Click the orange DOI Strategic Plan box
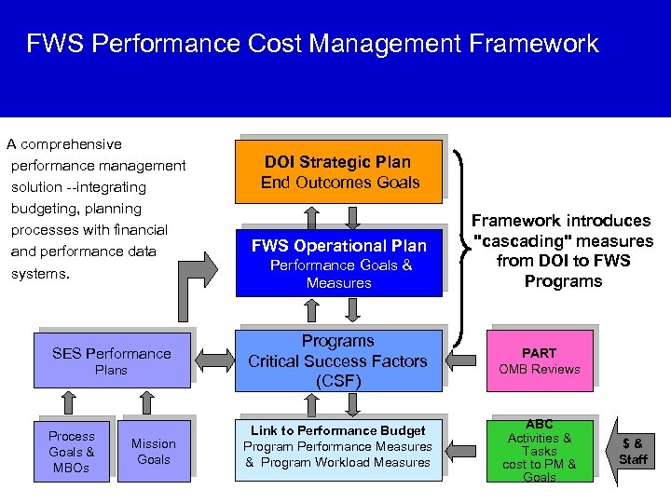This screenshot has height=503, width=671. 337,171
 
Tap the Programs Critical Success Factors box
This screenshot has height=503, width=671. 337,360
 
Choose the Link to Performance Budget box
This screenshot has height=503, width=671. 337,447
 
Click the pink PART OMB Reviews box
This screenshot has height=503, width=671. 539,360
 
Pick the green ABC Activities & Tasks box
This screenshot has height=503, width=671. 539,450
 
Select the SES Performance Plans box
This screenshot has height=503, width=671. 112,360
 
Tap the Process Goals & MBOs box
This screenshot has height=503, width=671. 72,451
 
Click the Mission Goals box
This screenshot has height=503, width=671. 154,451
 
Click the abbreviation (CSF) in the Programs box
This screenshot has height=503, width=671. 337,381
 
